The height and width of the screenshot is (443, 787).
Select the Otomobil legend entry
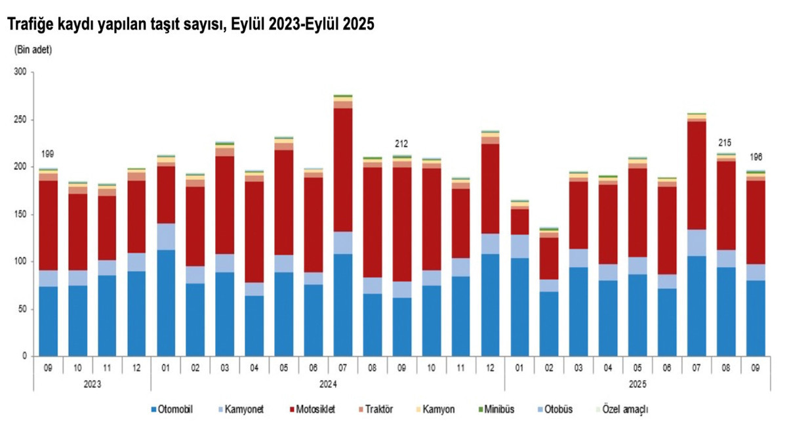click(176, 410)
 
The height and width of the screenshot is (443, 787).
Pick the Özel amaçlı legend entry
click(624, 410)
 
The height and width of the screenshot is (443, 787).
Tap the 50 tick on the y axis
click(20, 309)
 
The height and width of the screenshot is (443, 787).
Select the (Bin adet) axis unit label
click(33, 50)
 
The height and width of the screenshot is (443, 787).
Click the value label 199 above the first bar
click(47, 155)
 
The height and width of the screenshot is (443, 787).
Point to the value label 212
click(401, 143)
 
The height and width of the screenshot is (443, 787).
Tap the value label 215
click(725, 142)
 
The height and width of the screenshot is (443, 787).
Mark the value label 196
click(756, 158)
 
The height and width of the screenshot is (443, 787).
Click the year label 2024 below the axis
click(328, 382)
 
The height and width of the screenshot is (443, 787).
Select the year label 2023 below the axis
click(92, 382)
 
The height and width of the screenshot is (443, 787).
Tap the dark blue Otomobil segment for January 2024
click(166, 303)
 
